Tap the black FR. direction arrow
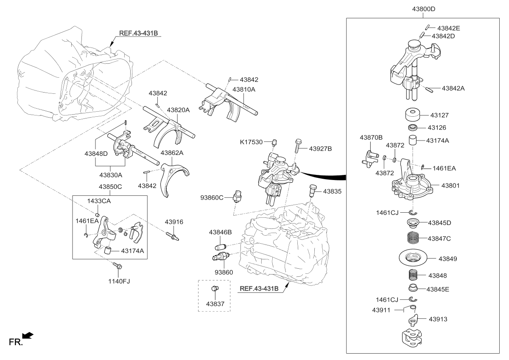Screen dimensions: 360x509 click(28, 336)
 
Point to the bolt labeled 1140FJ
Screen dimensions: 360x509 click(117, 266)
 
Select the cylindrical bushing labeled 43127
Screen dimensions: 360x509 click(412, 115)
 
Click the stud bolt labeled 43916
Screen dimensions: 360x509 click(172, 234)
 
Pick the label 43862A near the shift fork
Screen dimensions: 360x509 click(172, 152)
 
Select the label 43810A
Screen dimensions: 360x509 click(243, 90)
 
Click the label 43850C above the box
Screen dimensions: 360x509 click(110, 186)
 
